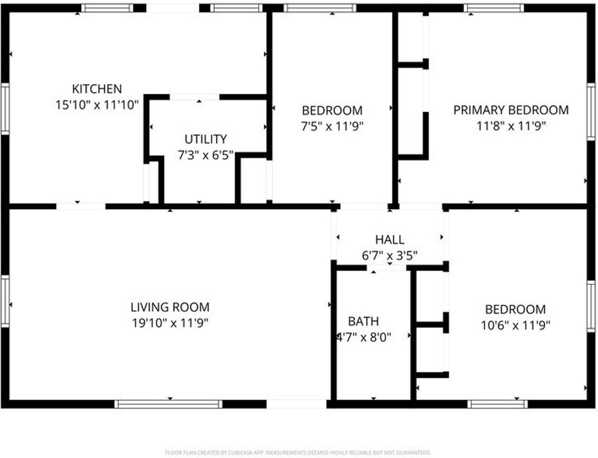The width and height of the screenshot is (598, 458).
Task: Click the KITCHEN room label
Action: pyautogui.click(x=97, y=89)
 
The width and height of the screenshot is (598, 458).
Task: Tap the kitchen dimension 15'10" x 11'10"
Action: pyautogui.click(x=97, y=104)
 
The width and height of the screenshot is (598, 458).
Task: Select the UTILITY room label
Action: pyautogui.click(x=205, y=139)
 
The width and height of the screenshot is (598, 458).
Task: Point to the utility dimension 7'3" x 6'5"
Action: pyautogui.click(x=205, y=155)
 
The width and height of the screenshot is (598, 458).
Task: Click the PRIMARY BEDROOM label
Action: pyautogui.click(x=511, y=110)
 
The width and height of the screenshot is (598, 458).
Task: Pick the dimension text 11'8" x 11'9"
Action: pyautogui.click(x=511, y=126)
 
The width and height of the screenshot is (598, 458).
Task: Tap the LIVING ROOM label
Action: pyautogui.click(x=170, y=307)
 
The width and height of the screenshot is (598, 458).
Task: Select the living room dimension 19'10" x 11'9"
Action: pyautogui.click(x=170, y=323)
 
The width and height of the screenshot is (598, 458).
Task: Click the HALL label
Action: pyautogui.click(x=389, y=239)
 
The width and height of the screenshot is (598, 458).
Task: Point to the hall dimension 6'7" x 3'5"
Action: pyautogui.click(x=389, y=256)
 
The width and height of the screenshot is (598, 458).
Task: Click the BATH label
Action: pyautogui.click(x=363, y=322)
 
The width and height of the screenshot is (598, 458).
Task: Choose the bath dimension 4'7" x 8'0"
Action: pyautogui.click(x=364, y=337)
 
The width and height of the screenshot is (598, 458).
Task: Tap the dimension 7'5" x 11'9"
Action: pyautogui.click(x=332, y=126)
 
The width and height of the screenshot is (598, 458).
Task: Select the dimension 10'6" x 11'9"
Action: pyautogui.click(x=515, y=325)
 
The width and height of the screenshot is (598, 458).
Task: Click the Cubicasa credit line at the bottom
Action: pyautogui.click(x=298, y=452)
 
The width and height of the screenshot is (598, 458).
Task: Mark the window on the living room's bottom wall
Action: pyautogui.click(x=168, y=404)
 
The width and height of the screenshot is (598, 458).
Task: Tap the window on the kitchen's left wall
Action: pyautogui.click(x=5, y=108)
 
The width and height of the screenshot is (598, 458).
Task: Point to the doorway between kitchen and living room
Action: pyautogui.click(x=81, y=207)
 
